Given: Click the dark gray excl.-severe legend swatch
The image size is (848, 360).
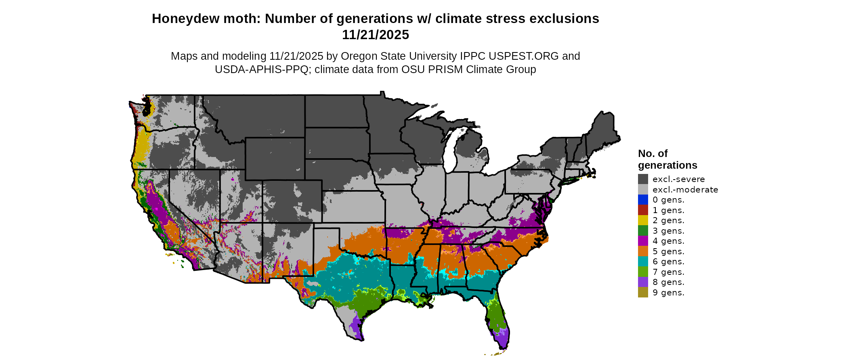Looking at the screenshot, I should (643, 179).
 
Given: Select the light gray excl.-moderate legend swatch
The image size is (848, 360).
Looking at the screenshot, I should (643, 189).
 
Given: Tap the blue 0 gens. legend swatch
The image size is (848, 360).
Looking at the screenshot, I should (643, 200).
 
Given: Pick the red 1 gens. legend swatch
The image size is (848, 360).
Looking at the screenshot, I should (643, 210).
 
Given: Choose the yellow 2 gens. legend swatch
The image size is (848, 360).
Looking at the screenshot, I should (643, 220).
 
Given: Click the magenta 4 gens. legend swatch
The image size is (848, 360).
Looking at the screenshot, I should (643, 241).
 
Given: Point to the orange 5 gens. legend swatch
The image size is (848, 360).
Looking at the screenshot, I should (643, 251).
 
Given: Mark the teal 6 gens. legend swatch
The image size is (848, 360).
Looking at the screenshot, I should (643, 262).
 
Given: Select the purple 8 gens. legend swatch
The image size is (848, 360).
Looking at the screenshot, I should (643, 282).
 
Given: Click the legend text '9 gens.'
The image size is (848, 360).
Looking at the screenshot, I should (668, 293).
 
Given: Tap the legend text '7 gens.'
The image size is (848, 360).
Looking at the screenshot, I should (668, 272).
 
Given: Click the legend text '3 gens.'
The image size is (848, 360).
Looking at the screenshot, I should (668, 231).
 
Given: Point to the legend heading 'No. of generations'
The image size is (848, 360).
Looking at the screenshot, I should (667, 159).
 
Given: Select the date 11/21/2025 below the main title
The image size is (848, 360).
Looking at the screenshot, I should (375, 35).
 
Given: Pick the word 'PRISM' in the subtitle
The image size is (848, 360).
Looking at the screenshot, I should (445, 69).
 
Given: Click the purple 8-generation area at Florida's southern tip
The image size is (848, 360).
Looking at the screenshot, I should (502, 339).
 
